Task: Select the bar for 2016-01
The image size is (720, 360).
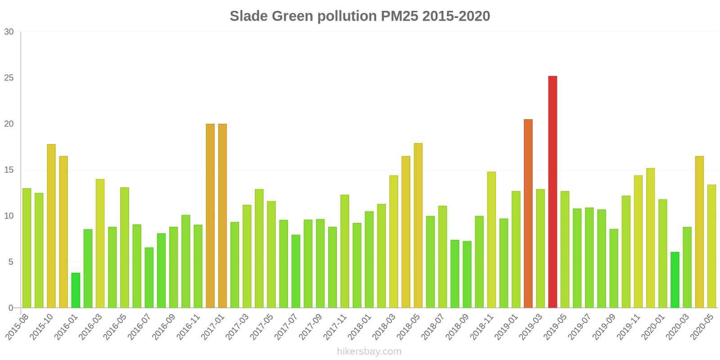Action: pyautogui.click(x=76, y=290)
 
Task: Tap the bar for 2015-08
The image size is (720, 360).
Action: pyautogui.click(x=27, y=248)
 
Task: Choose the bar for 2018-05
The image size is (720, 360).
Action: pyautogui.click(x=418, y=225)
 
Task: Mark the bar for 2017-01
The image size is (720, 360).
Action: pyautogui.click(x=222, y=216)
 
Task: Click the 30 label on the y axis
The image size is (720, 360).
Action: pyautogui.click(x=9, y=32)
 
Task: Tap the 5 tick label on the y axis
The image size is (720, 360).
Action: pyautogui.click(x=11, y=262)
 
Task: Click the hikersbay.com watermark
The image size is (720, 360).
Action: pyautogui.click(x=369, y=351)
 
